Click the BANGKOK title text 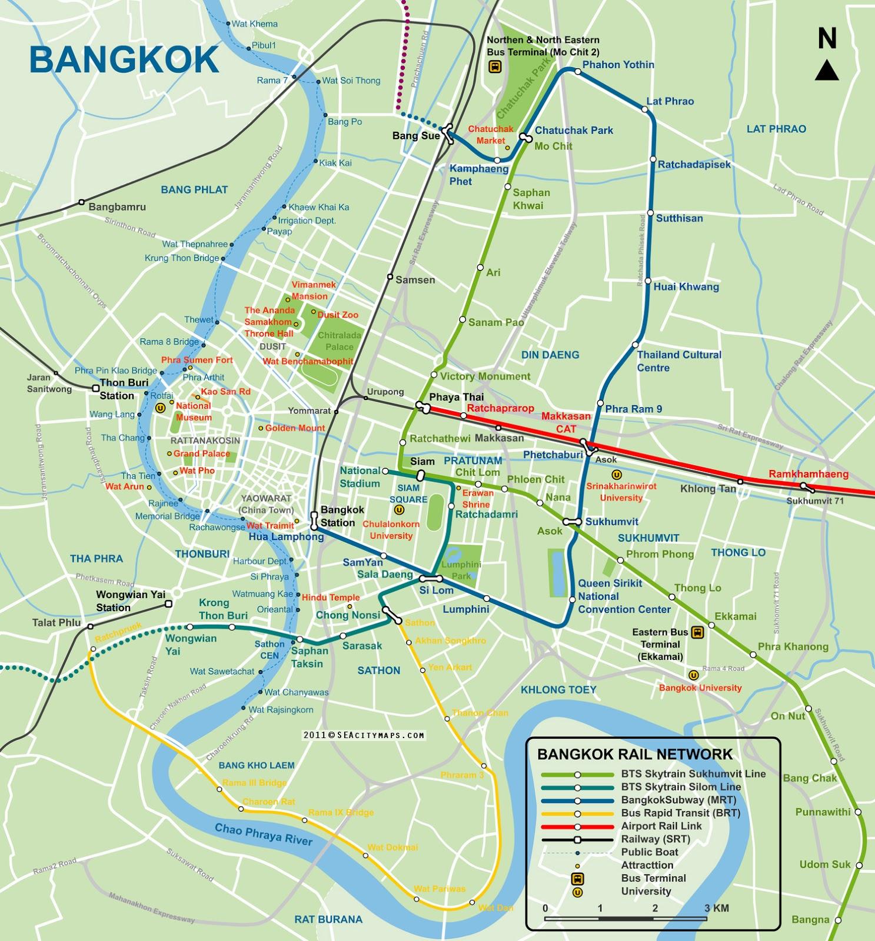124,59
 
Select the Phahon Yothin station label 618,65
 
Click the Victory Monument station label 485,376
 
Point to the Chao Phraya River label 263,834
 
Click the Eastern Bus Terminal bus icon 698,632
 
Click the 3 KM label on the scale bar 717,908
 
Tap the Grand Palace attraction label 201,453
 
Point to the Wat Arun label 124,486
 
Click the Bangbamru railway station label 117,207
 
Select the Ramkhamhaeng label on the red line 809,474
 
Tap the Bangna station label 810,919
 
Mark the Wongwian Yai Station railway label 131,600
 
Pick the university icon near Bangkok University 694,675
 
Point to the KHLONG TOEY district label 558,689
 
